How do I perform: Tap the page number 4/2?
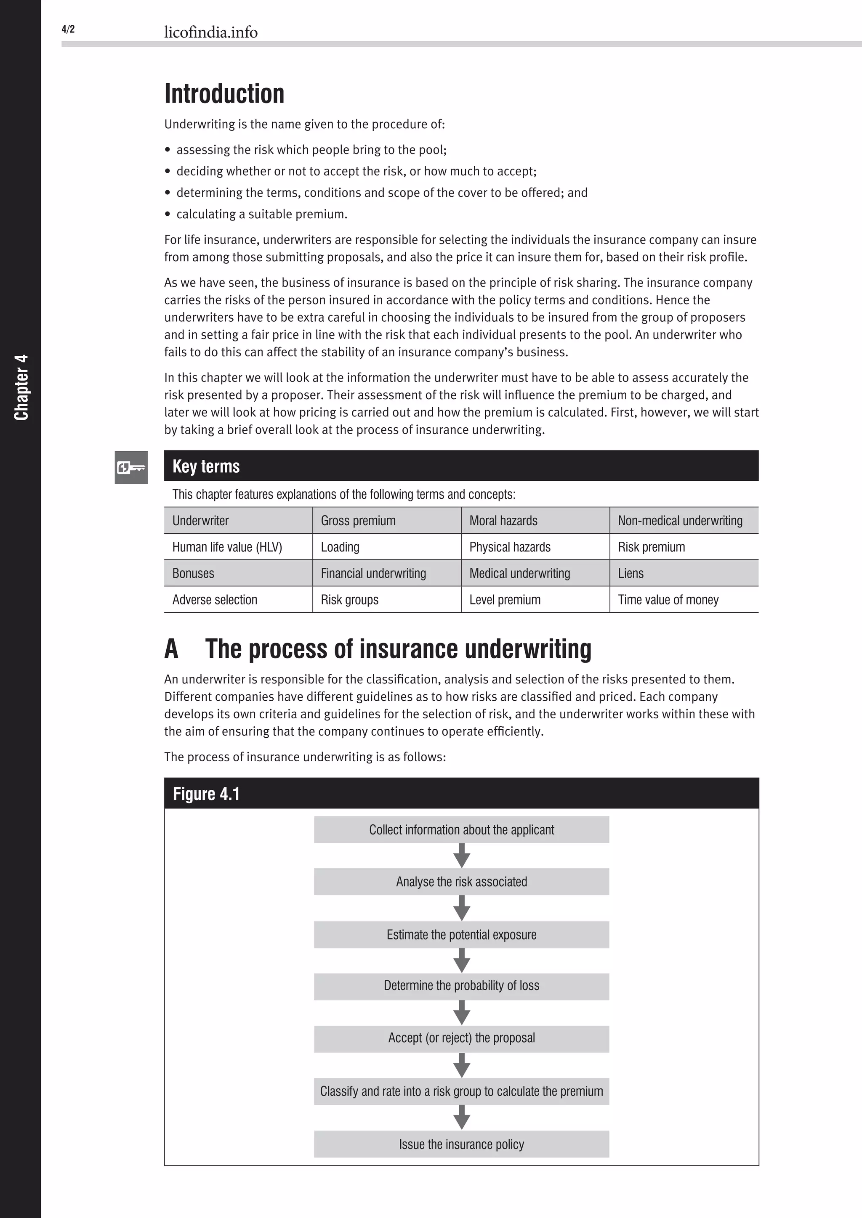[68, 29]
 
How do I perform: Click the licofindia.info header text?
[211, 32]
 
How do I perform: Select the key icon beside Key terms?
[131, 467]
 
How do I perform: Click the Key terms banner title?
[206, 466]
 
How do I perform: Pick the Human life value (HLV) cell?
[227, 547]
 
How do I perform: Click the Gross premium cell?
[358, 520]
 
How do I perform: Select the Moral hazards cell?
[503, 520]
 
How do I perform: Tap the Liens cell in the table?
[631, 573]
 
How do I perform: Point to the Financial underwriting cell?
[373, 573]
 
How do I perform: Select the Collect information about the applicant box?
[461, 830]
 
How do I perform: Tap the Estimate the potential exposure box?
[461, 935]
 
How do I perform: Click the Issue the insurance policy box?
[461, 1144]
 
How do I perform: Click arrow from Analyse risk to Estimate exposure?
[462, 908]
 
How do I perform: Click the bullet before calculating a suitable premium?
[168, 214]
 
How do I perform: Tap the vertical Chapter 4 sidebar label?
[21, 387]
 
